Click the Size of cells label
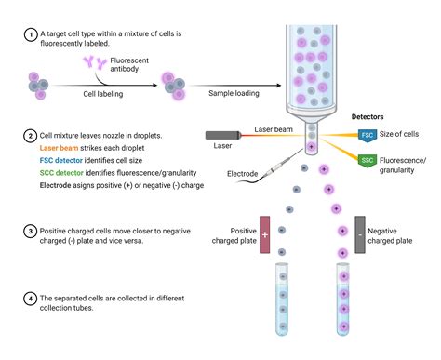pos(405,136)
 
